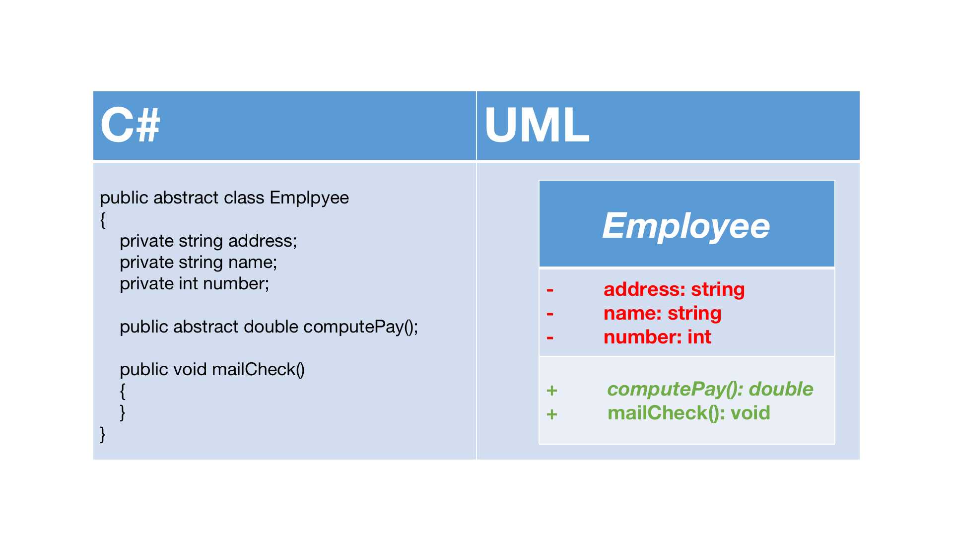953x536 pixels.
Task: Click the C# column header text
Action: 130,125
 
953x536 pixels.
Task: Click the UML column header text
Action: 537,125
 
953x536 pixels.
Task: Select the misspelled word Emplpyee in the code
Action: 309,198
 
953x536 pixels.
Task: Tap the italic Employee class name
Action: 686,226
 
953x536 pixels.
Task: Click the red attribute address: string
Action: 674,289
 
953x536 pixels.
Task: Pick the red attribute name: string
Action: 662,313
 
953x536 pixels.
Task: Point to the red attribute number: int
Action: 657,337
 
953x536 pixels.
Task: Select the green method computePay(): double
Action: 710,389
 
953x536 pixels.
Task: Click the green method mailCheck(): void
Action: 689,413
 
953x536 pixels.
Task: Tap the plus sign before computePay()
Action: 552,391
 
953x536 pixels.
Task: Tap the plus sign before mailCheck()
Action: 552,414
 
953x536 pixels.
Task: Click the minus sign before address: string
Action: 550,290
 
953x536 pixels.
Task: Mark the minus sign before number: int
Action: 550,338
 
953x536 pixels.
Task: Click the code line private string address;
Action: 208,241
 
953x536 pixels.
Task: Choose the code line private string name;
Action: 199,263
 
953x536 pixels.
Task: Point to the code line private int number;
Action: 195,284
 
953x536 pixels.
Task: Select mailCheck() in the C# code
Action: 258,370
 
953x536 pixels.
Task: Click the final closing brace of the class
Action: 103,434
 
